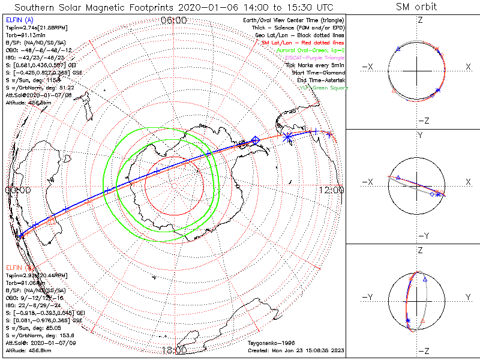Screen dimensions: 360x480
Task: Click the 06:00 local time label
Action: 174,21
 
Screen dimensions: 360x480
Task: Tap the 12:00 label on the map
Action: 332,190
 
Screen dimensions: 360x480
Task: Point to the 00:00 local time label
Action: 17,190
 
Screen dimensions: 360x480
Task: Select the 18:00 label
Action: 174,350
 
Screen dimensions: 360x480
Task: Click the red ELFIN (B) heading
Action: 17,267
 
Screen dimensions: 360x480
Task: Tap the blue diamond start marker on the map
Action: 256,140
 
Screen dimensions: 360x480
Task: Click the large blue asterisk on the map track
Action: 287,137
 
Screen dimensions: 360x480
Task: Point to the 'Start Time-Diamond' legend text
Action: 316,72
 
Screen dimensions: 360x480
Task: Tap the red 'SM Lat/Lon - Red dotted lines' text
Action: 303,43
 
